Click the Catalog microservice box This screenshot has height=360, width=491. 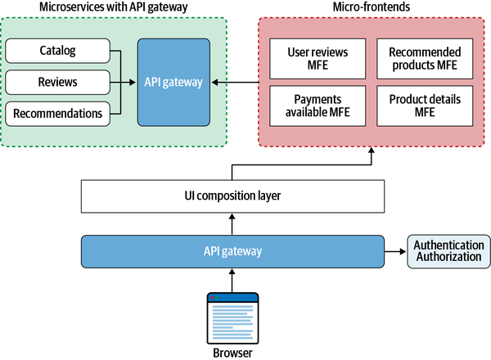point(57,52)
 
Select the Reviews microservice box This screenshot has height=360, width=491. point(57,82)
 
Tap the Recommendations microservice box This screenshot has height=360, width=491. point(57,112)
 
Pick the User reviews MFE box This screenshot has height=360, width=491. point(318,58)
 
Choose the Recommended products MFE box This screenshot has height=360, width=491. point(423,58)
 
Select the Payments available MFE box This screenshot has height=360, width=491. point(318,106)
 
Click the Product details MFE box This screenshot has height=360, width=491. point(423,106)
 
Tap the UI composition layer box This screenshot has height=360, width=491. point(232,197)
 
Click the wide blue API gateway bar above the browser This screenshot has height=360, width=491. point(232,250)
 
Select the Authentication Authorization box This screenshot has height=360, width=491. point(448,250)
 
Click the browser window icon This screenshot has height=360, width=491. point(232,317)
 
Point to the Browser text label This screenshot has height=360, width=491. point(232,353)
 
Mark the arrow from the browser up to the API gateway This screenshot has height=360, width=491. point(232,280)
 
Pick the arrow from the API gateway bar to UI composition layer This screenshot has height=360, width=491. point(232,223)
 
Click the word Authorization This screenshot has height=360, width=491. point(448,257)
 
